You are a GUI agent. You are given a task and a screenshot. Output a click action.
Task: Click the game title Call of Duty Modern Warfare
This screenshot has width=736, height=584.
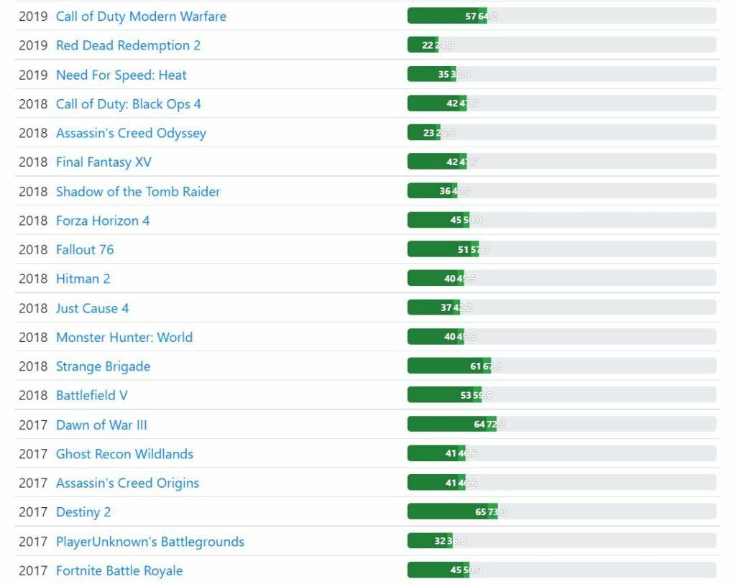141,16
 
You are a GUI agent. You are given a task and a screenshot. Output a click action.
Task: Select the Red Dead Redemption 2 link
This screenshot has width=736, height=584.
128,45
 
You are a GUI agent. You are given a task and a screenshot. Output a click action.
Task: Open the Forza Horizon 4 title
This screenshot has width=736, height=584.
103,221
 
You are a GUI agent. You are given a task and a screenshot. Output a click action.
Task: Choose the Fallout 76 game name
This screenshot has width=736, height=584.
85,250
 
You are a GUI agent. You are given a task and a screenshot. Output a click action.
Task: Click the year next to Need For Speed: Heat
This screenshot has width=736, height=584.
33,75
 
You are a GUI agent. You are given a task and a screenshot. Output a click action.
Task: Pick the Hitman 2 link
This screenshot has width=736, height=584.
83,279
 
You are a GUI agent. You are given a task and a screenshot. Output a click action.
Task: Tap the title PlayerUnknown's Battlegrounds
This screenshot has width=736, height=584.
149,542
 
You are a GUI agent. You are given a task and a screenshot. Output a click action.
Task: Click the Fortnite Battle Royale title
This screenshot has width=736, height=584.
119,571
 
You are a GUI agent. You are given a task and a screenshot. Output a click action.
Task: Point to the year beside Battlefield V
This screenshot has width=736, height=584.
33,396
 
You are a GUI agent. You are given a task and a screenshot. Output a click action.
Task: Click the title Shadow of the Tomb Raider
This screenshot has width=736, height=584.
138,192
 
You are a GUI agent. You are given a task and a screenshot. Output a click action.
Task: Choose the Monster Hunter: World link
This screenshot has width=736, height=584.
124,338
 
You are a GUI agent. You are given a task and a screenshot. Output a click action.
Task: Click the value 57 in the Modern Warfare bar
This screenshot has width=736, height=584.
471,17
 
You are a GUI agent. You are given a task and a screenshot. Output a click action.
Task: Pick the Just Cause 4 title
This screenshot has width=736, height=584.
92,308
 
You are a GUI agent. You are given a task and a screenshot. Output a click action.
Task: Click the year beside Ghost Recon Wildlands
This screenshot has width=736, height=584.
33,454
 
